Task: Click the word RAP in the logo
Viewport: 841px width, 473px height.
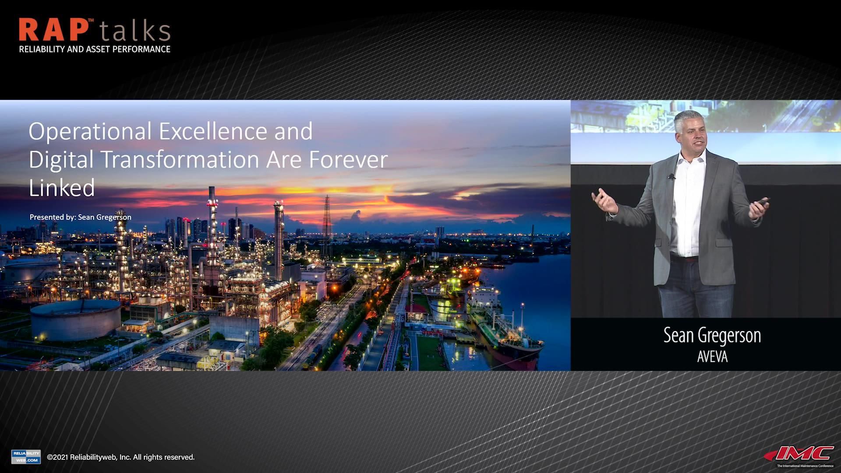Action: click(x=53, y=31)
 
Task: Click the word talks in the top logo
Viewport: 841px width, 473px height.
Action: click(x=134, y=32)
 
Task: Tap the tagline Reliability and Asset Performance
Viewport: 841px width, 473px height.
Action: click(x=95, y=49)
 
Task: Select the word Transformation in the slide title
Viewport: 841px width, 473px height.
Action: click(x=180, y=159)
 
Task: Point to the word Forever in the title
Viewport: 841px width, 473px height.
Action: click(x=348, y=159)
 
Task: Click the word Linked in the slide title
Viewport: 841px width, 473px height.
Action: click(x=62, y=188)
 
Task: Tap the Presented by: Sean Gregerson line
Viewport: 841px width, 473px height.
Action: click(x=81, y=217)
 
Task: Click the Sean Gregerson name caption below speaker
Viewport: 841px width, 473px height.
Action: click(x=712, y=336)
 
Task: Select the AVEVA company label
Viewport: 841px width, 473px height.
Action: click(x=712, y=357)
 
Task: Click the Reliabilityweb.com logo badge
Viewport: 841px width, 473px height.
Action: click(x=26, y=457)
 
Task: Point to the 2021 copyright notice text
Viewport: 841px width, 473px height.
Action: click(x=121, y=457)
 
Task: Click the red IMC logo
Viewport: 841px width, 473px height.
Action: click(x=802, y=454)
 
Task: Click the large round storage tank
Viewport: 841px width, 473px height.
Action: click(x=75, y=319)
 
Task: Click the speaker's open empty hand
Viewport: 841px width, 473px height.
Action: click(x=604, y=200)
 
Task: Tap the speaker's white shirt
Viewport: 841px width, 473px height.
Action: click(x=688, y=206)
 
